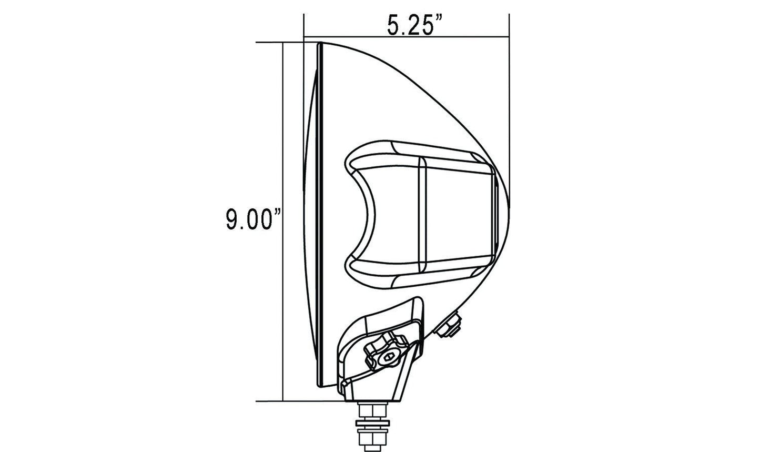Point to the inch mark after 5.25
point(439,19)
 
